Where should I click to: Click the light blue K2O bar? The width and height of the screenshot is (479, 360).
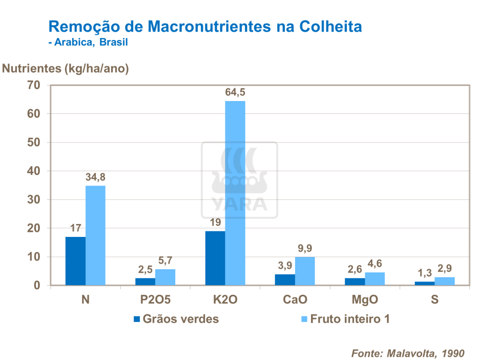point(235,193)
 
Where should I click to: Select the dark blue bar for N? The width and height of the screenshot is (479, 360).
point(75,261)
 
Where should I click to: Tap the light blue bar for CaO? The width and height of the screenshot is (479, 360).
point(305,271)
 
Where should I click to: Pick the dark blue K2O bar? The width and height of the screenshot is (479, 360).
point(215,258)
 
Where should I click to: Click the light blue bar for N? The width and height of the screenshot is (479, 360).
point(95,235)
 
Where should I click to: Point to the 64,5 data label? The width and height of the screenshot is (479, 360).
point(235,92)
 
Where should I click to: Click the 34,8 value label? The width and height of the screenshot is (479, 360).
point(95,177)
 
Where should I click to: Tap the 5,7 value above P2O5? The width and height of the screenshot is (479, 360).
point(165,260)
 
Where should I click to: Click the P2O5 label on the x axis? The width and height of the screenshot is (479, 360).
point(155,299)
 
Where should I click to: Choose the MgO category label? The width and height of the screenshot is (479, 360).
point(365,299)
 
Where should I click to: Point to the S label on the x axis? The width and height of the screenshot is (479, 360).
point(434,299)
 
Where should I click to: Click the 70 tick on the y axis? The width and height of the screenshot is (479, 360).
point(34,85)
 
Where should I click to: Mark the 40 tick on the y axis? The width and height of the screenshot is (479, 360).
point(34,171)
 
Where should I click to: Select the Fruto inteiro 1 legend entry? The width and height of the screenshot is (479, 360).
point(345,319)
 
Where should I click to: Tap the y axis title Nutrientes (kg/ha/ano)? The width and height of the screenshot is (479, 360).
point(66,68)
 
